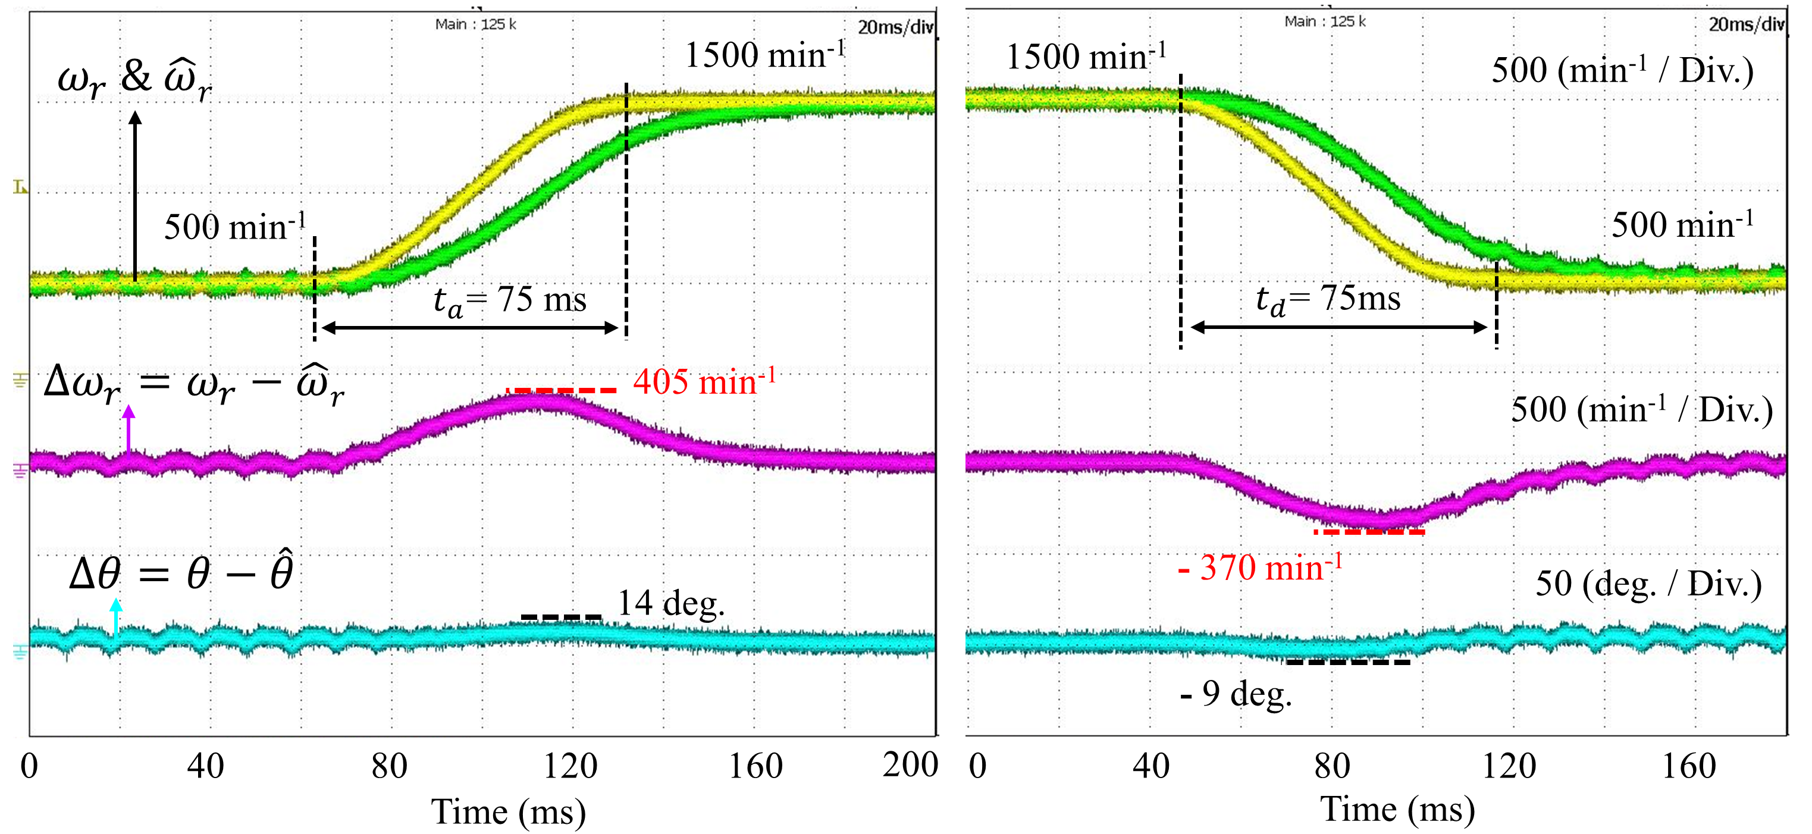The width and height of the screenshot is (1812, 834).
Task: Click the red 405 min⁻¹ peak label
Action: point(704,382)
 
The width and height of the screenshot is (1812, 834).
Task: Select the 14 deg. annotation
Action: point(670,603)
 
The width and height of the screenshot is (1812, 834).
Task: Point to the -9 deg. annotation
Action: point(1237,694)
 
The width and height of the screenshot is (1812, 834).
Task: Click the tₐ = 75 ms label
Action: point(509,300)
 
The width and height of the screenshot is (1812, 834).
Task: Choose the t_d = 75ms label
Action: point(1328,299)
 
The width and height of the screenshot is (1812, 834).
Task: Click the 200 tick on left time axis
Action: point(910,765)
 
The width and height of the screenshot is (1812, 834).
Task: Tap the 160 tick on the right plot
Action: point(1688,766)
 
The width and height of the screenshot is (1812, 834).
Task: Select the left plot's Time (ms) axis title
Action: point(509,812)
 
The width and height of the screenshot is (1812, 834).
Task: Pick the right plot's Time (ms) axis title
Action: point(1397,810)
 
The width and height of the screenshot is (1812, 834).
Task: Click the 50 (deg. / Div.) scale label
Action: point(1648,584)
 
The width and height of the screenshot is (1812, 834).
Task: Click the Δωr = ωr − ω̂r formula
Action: point(194,385)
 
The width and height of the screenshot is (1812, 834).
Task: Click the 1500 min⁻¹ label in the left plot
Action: point(764,55)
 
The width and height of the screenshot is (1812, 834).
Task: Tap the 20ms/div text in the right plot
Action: point(1746,24)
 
